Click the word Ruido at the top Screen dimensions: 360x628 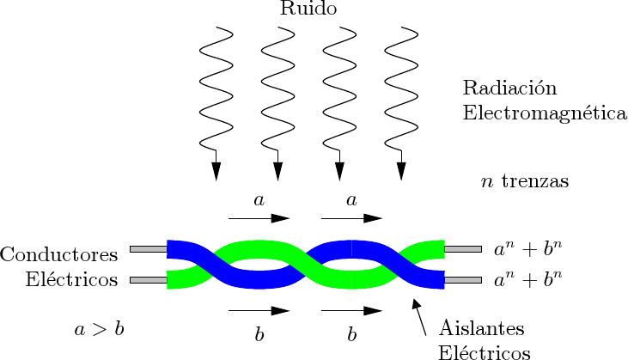[x=308, y=9]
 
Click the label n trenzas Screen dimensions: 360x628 [x=524, y=182]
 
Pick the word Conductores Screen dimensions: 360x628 [x=59, y=255]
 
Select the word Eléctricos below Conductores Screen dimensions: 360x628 [x=71, y=280]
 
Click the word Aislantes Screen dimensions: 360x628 [x=481, y=328]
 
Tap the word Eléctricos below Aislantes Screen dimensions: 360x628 [x=484, y=352]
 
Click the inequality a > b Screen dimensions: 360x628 [x=99, y=328]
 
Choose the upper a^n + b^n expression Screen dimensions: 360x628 [x=527, y=250]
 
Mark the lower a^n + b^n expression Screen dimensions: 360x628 [x=527, y=280]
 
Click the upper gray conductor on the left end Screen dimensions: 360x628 [x=148, y=249]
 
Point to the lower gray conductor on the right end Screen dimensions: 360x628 [x=462, y=280]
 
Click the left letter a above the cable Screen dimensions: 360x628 [x=259, y=201]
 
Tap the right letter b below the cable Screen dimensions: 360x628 [x=351, y=334]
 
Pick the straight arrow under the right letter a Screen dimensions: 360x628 [x=351, y=218]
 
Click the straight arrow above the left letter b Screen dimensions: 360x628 [x=259, y=309]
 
